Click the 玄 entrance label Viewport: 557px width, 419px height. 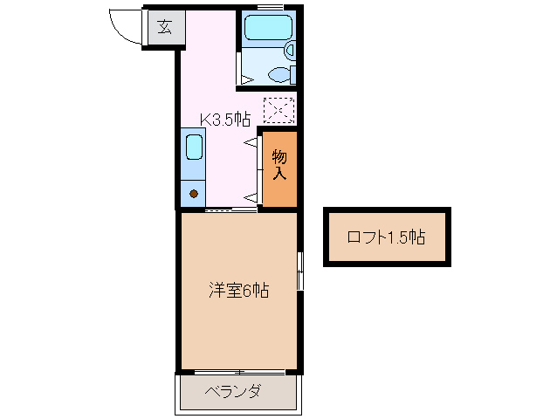[165, 28]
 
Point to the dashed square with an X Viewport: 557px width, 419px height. [279, 110]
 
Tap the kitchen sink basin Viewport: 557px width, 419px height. [194, 147]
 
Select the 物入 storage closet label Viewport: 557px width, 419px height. [279, 165]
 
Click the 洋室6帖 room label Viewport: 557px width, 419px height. [237, 291]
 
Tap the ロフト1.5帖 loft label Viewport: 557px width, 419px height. [386, 237]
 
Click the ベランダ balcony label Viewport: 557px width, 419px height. [233, 391]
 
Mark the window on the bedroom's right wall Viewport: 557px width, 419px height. [299, 271]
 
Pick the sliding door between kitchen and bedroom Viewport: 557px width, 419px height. [230, 210]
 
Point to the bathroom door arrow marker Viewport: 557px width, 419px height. [247, 79]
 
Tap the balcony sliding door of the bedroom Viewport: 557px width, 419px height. [238, 371]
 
